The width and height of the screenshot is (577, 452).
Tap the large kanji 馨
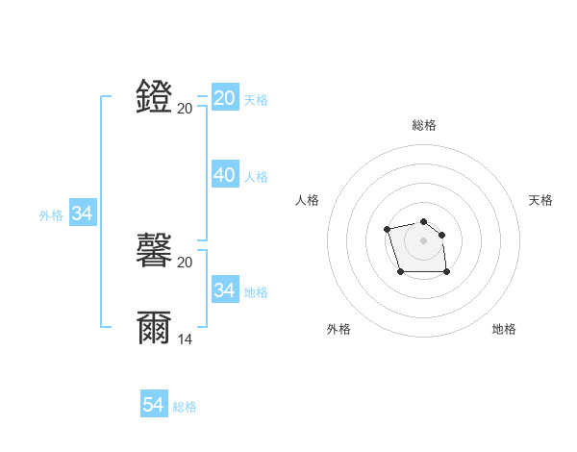[155, 251]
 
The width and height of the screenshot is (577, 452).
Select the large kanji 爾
[155, 328]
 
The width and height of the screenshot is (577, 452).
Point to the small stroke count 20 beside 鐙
[185, 108]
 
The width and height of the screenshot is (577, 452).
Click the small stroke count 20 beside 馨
[185, 262]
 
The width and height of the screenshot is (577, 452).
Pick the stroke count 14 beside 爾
[185, 339]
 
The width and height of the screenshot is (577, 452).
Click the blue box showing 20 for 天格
[225, 98]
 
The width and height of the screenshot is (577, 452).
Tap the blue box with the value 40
[225, 175]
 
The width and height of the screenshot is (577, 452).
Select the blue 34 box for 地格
[225, 289]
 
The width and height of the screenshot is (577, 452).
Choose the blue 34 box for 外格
[83, 213]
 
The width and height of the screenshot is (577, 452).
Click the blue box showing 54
[154, 405]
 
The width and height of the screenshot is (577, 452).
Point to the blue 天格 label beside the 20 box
[256, 100]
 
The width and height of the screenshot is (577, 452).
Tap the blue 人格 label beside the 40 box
[256, 177]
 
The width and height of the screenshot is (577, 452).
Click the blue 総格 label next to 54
[185, 407]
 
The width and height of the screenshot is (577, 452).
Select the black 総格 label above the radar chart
[424, 125]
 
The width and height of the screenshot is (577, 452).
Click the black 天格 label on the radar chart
[540, 200]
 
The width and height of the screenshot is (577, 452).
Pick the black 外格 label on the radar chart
[339, 329]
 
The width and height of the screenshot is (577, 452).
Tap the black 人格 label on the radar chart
[308, 200]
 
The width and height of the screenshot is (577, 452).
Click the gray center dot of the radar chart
[424, 239]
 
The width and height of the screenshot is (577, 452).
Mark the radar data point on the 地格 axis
[447, 272]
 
